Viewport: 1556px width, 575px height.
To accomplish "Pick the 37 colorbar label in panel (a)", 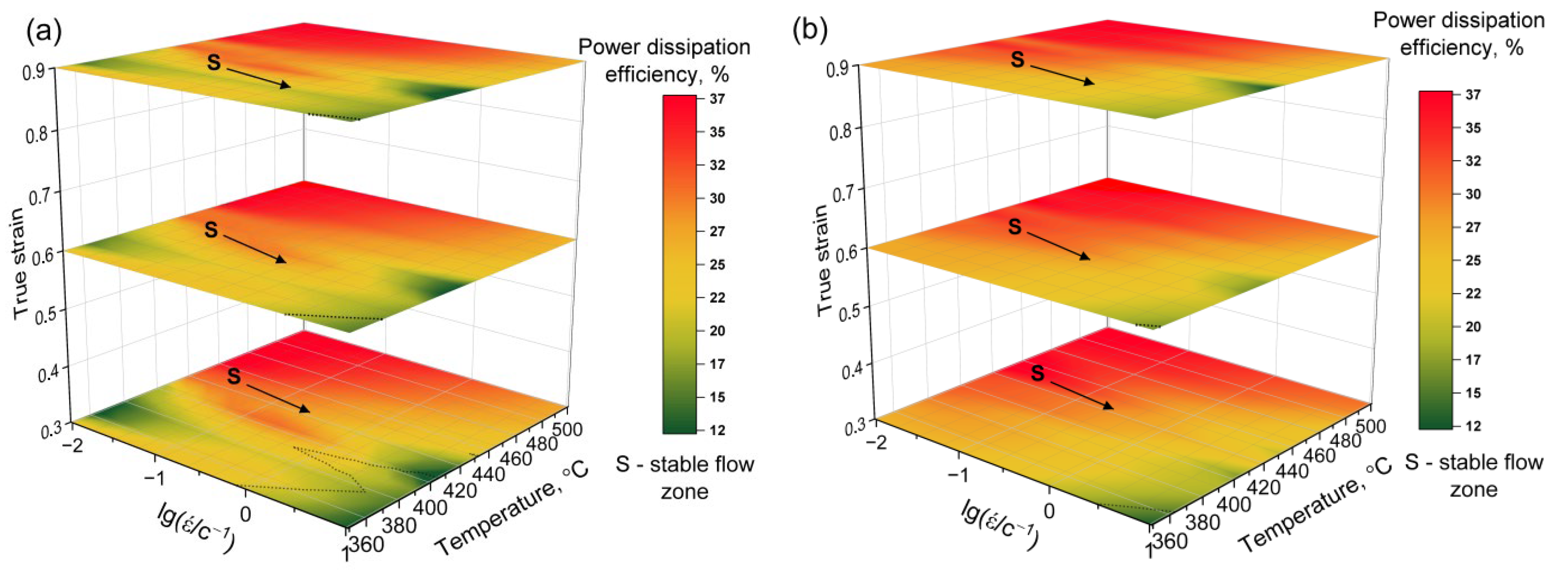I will (718, 98).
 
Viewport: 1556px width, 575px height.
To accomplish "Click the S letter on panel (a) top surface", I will (214, 62).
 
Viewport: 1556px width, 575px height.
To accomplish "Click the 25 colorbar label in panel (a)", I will (718, 264).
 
